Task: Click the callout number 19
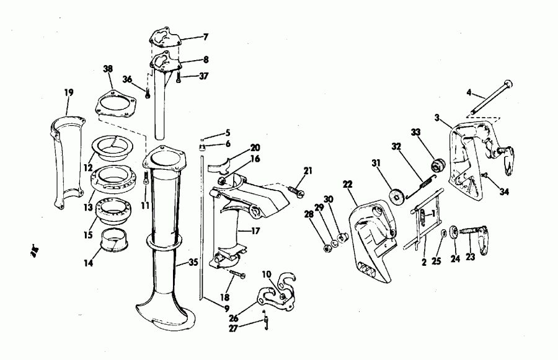(69, 92)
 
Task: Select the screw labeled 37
(179, 78)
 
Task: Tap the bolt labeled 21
(295, 190)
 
